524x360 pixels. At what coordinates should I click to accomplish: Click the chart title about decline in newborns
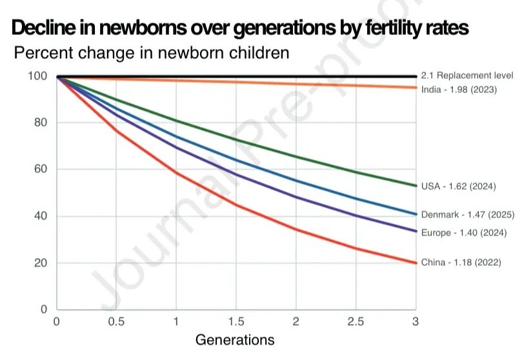click(239, 28)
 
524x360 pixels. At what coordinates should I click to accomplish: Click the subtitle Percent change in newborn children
click(152, 53)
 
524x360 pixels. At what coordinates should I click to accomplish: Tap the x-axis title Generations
click(235, 339)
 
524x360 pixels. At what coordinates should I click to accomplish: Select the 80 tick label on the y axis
click(41, 123)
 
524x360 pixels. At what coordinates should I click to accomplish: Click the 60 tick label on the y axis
click(41, 170)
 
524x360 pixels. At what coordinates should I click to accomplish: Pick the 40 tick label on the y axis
click(41, 216)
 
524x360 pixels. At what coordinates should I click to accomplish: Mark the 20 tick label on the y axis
click(41, 263)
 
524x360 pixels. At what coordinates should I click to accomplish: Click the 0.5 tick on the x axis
click(117, 321)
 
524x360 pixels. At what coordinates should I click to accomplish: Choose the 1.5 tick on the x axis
click(236, 321)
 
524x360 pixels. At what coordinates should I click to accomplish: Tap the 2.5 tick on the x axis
click(356, 321)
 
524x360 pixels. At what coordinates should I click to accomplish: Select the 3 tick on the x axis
click(416, 321)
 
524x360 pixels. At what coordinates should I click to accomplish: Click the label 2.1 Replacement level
click(461, 76)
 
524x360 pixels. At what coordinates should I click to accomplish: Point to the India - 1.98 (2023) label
click(459, 90)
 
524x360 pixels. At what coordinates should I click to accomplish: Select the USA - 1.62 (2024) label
click(458, 186)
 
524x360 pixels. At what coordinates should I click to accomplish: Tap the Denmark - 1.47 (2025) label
click(463, 214)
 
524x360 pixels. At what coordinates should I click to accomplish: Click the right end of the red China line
click(415, 263)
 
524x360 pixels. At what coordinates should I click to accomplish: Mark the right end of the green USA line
click(415, 185)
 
